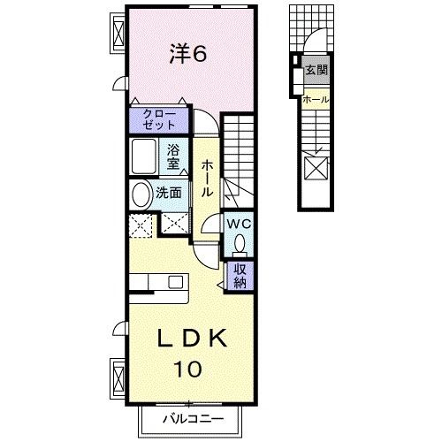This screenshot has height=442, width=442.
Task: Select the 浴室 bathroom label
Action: pyautogui.click(x=173, y=156)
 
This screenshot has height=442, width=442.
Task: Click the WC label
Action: pyautogui.click(x=240, y=225)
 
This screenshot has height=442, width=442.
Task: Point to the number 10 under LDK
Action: pyautogui.click(x=187, y=369)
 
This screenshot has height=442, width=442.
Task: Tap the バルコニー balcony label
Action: pyautogui.click(x=192, y=417)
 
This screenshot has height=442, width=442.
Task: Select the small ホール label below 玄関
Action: pyautogui.click(x=316, y=99)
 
